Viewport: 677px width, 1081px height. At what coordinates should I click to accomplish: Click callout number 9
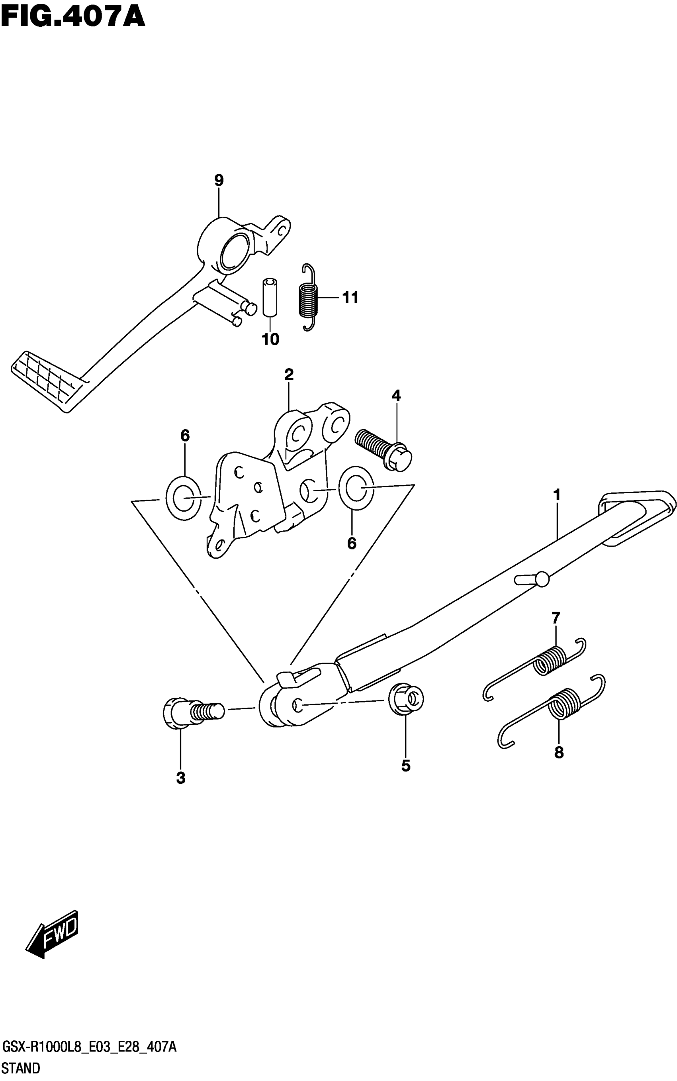[219, 180]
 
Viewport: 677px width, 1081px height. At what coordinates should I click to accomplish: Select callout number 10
[270, 339]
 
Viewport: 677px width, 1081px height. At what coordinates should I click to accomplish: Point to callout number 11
[350, 298]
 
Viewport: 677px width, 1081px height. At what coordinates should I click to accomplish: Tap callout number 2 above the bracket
[289, 374]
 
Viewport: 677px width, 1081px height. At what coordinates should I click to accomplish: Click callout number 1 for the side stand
[557, 495]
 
